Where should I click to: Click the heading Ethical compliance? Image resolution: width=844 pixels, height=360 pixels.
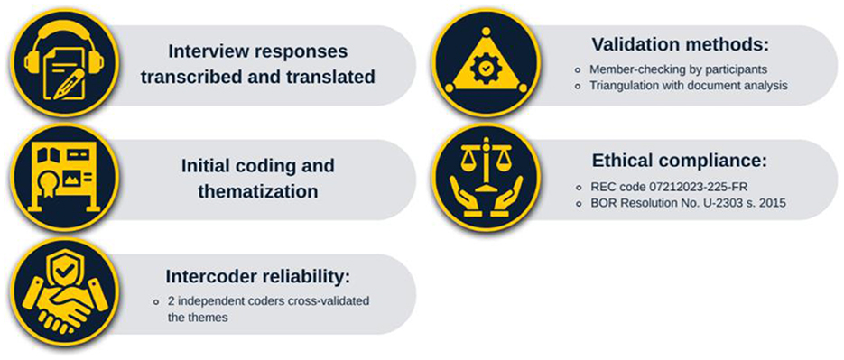pyautogui.click(x=679, y=161)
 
